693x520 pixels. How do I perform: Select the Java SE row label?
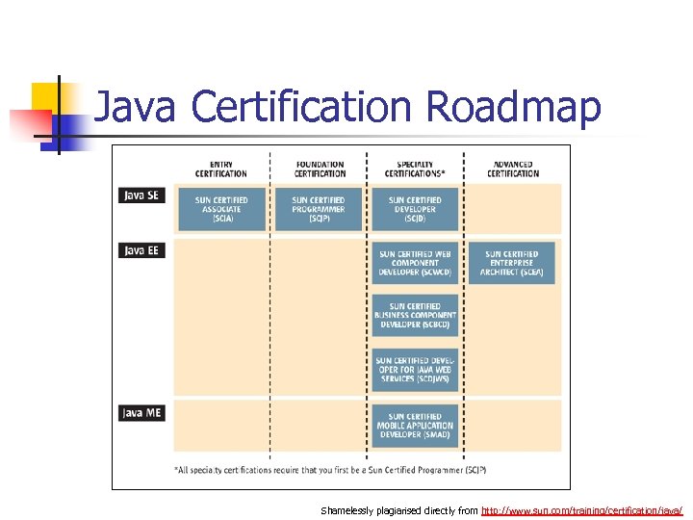coord(141,195)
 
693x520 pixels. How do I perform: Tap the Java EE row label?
coord(141,249)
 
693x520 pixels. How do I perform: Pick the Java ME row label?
coord(141,412)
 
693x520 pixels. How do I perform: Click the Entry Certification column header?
coord(221,169)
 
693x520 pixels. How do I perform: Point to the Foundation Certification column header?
coord(320,169)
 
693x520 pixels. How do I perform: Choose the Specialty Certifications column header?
coord(415,169)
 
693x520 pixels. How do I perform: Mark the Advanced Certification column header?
coord(513,169)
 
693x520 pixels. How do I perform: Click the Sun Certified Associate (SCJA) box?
coord(221,209)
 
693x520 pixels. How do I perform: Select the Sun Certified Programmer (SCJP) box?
coord(319,209)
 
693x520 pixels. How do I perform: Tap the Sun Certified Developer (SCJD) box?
coord(415,209)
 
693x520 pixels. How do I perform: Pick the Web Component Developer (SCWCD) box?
coord(415,263)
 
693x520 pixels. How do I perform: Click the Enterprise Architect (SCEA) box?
coord(512,263)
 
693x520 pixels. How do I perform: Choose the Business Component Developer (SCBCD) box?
coord(415,315)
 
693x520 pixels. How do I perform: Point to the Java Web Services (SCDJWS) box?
coord(415,370)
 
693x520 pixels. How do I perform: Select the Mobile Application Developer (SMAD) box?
coord(415,426)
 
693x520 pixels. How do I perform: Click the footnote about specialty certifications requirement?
coord(330,470)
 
